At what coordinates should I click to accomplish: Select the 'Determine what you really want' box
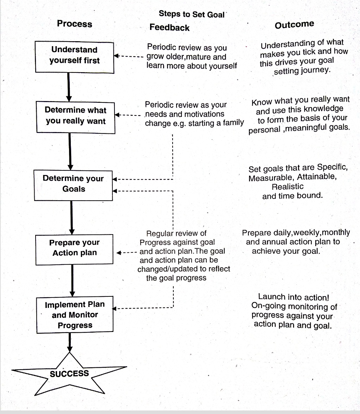75,116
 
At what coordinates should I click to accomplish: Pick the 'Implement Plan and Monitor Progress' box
75,315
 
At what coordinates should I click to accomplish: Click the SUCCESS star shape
69,374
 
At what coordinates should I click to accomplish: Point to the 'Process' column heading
74,24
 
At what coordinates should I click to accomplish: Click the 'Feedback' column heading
169,27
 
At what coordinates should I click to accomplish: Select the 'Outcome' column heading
294,25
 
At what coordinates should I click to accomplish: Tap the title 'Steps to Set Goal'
192,14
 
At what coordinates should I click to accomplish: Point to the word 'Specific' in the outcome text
332,168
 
